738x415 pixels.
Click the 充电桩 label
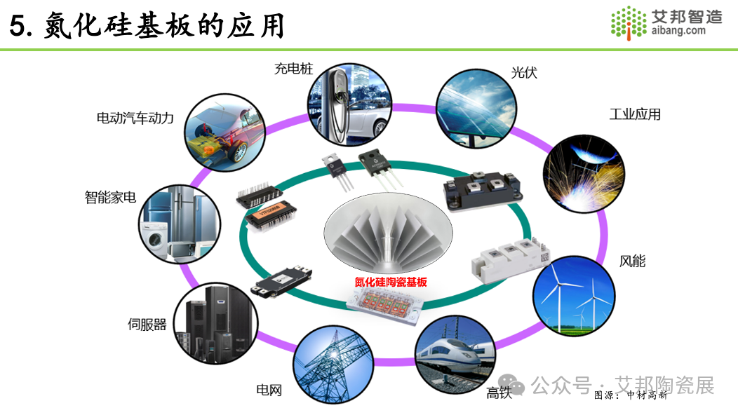294,69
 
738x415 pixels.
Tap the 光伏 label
524,72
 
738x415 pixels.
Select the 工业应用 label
635,114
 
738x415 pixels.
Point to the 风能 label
632,261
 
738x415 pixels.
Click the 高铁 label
499,393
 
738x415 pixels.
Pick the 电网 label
269,390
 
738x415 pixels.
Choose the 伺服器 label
147,324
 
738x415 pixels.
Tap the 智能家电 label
110,197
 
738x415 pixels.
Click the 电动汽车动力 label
135,118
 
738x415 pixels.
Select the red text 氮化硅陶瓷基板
391,282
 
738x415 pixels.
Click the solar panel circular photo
476,109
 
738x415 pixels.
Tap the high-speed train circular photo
455,355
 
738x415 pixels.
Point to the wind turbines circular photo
574,296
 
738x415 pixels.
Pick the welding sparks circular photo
584,174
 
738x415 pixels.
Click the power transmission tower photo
334,365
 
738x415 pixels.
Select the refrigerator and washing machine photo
180,224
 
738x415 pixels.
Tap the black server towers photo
216,323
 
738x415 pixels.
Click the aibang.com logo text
678,30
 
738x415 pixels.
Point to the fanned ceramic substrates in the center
389,233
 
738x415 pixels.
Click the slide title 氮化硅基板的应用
165,25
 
